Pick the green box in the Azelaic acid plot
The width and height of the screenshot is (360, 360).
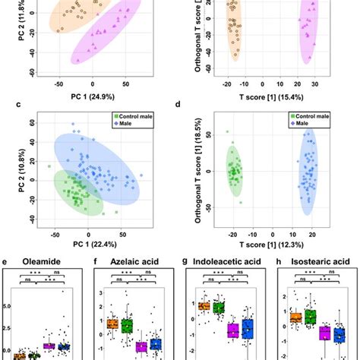tap(127, 326)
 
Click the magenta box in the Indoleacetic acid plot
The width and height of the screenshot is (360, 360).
tap(233, 330)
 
